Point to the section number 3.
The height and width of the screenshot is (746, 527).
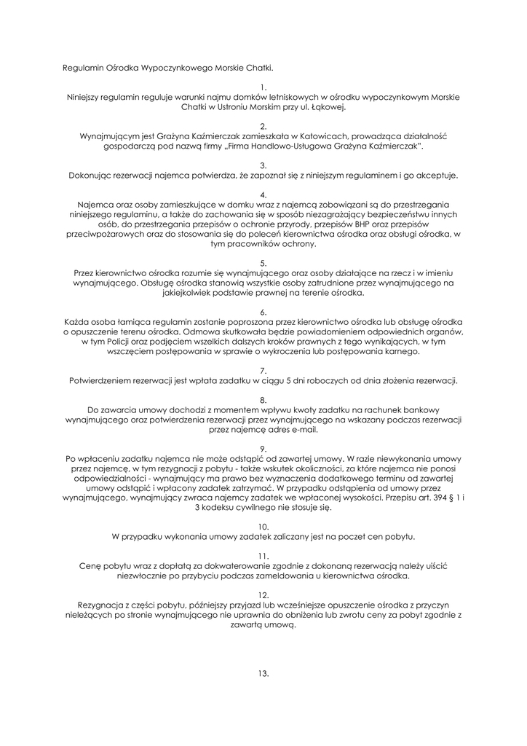263,165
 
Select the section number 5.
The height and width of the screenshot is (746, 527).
263,264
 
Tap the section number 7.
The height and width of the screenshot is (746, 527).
263,371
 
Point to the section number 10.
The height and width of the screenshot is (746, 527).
263,526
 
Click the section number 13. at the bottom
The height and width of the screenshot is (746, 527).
263,673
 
